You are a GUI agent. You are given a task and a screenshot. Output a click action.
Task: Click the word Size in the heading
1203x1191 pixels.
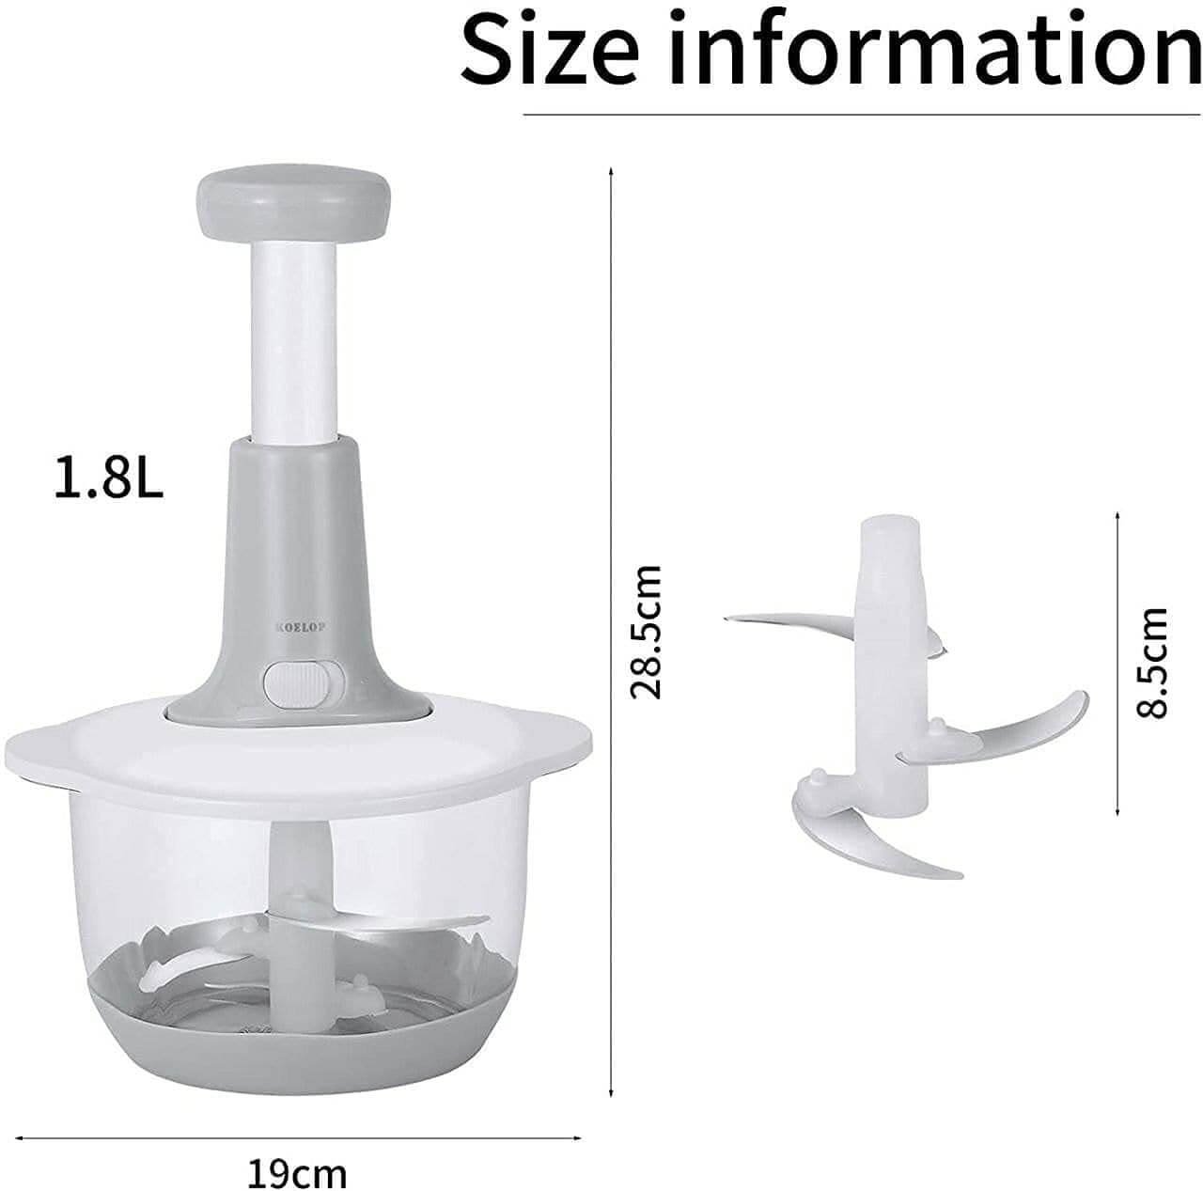tap(552, 49)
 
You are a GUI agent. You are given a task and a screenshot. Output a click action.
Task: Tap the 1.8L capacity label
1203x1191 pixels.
tap(109, 478)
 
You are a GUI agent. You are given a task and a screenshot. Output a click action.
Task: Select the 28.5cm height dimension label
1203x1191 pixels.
tap(645, 632)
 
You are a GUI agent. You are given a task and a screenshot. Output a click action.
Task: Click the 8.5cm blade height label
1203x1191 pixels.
tap(1150, 664)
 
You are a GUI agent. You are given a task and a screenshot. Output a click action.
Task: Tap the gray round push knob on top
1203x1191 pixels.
tap(293, 204)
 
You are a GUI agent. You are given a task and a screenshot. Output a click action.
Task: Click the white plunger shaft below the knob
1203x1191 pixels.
tap(294, 343)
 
